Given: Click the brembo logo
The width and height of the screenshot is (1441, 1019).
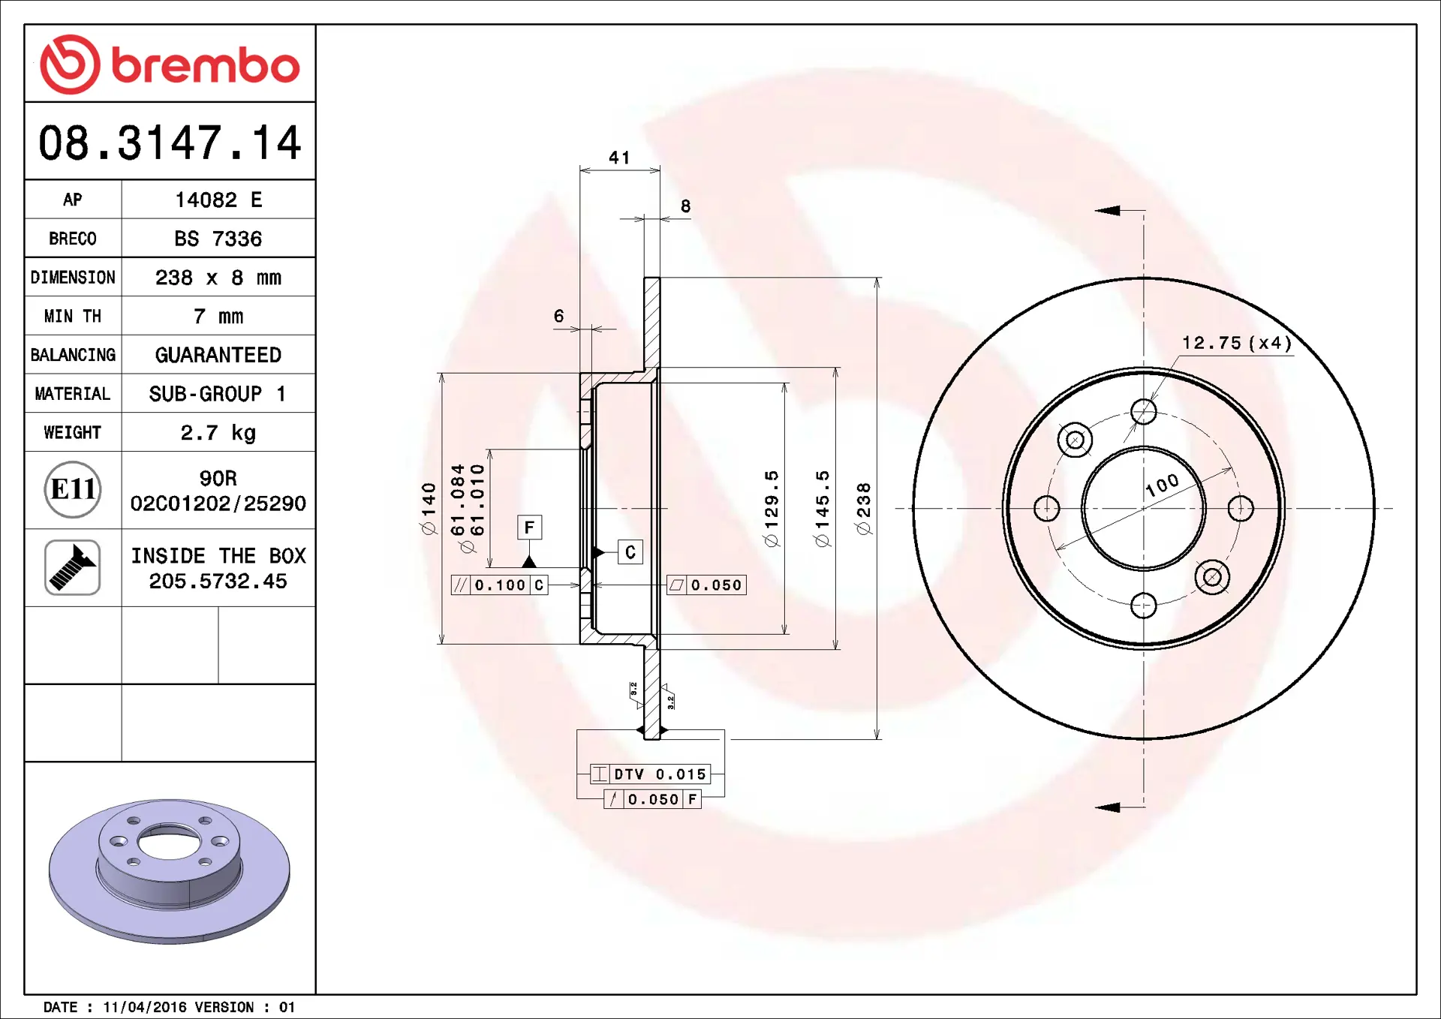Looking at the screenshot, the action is point(170,65).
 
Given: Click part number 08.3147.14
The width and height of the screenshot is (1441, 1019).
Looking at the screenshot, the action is point(170,143).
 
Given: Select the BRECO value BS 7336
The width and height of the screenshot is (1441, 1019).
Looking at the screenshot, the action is point(218,239).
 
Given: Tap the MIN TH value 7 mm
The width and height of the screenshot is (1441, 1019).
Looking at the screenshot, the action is point(218,317).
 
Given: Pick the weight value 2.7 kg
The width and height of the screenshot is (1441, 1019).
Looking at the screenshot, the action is point(218,433).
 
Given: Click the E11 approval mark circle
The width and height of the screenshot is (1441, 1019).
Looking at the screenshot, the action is point(73,489).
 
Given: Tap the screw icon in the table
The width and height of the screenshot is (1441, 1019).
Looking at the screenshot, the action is point(73,567).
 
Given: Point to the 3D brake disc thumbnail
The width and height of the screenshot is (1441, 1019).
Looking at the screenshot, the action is point(170,870).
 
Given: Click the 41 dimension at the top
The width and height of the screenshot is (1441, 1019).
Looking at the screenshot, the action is point(619,158).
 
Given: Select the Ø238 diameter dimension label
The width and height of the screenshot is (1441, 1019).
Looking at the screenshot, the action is point(864,509).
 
